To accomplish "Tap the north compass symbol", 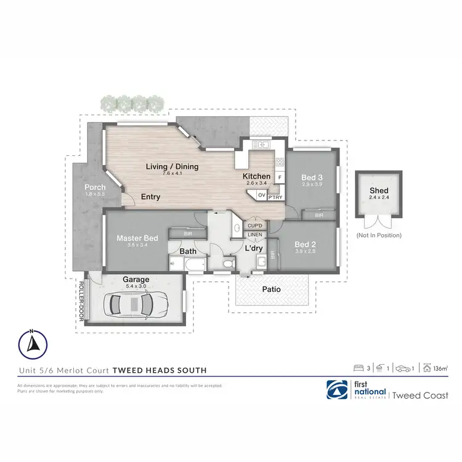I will pos(32,344).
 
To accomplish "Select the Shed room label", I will pos(379,191).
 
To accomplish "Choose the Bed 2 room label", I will pos(306,244).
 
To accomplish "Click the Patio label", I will pos(271,289).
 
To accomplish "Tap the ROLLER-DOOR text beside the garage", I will pos(81,302).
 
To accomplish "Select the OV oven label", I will pos(261,196).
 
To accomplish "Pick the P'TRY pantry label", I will pos(275,197).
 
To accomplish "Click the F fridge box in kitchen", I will pos(279,177).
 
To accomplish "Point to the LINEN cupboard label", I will pos(254,235).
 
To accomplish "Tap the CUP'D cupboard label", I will pos(254,226).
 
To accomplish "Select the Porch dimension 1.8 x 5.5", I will pos(95,195).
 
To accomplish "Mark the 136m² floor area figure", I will pos(440,368).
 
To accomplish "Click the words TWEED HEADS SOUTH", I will pos(158,370).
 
